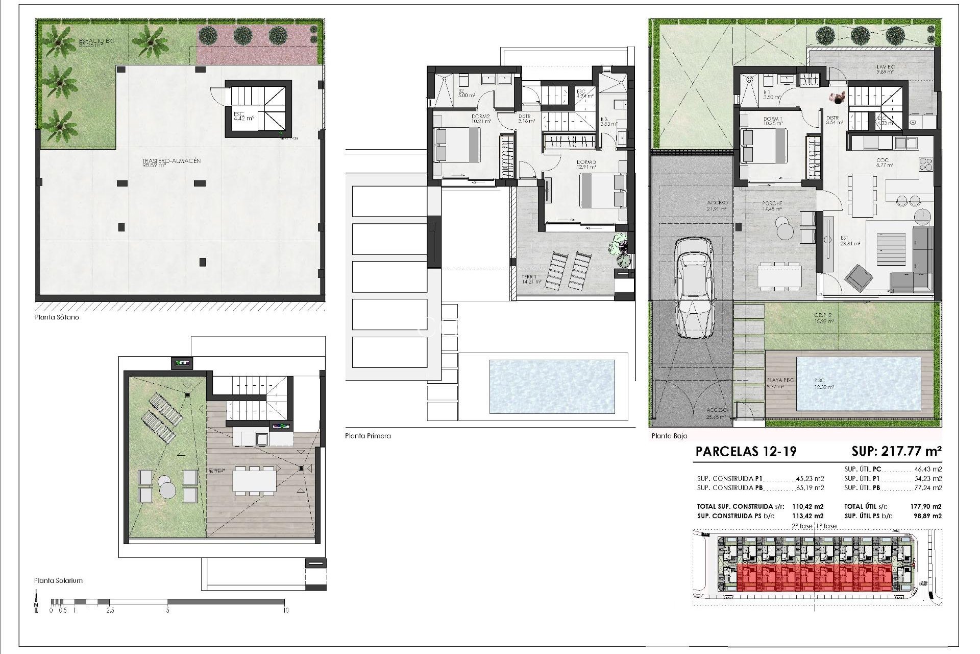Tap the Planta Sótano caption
57,317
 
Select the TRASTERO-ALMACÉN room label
171,161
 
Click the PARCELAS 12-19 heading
746,451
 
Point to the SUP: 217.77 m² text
896,451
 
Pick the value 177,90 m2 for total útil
926,507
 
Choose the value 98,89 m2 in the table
927,516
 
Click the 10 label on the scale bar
285,610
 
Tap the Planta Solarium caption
58,580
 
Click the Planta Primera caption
367,436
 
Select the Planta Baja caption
669,436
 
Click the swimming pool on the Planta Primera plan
552,386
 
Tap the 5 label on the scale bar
167,610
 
